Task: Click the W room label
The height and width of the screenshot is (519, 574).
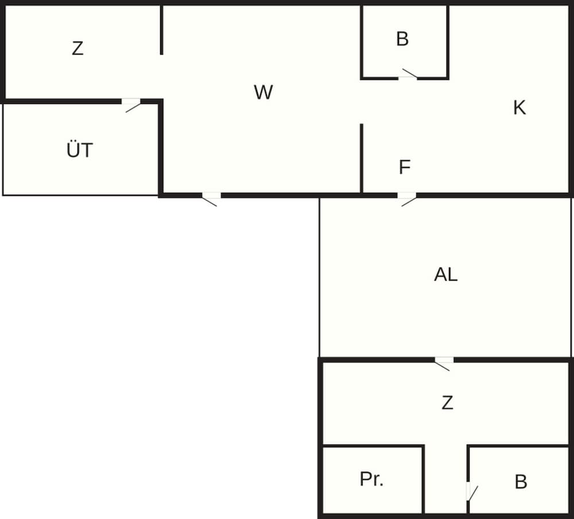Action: coord(263,92)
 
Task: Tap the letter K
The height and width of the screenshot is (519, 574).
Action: coord(519,108)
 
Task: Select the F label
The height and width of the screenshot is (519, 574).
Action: coord(405,168)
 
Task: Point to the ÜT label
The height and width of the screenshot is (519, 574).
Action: coord(79,151)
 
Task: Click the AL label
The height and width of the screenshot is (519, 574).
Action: coord(446,275)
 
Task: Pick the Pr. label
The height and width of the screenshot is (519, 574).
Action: coord(371,480)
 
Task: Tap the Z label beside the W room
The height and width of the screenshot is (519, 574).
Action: coord(77,49)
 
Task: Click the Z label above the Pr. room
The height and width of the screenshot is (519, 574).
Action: coord(447,403)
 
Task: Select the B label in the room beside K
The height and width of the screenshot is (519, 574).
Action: coord(402,39)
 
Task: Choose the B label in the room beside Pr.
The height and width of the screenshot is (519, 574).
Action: coord(521,482)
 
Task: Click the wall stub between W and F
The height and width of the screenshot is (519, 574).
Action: coord(362,158)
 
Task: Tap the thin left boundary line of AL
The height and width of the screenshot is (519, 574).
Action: coord(319,276)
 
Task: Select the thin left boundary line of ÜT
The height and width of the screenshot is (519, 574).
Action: coord(3,149)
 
